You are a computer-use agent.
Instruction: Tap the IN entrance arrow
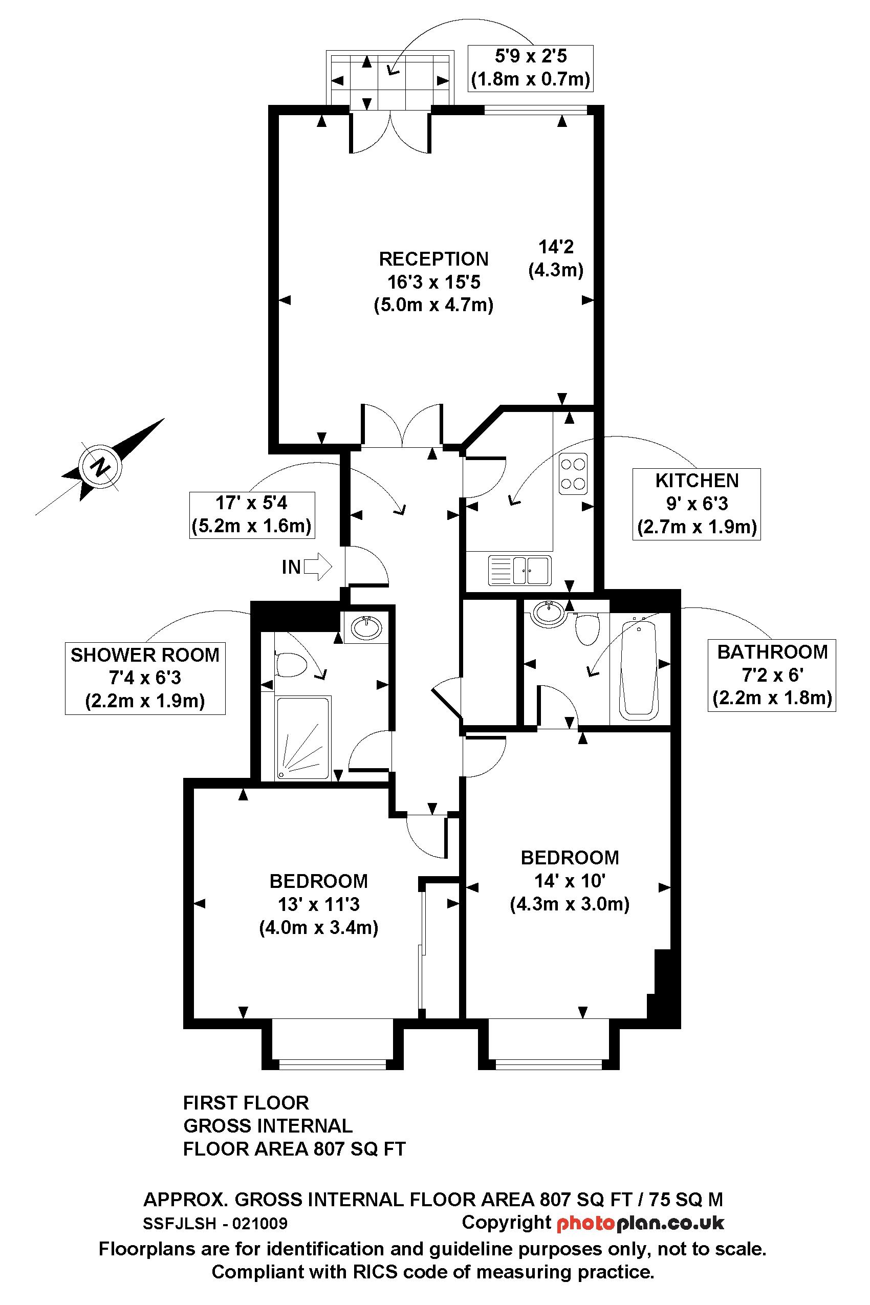click(x=318, y=567)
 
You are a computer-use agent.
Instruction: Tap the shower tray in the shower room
click(x=303, y=738)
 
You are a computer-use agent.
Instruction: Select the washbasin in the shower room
click(x=367, y=627)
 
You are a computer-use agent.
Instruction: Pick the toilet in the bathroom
click(x=588, y=627)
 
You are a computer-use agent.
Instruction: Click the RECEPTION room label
click(x=433, y=259)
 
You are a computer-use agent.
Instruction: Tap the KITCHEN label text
click(x=697, y=481)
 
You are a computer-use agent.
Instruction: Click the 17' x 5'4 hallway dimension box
click(x=252, y=514)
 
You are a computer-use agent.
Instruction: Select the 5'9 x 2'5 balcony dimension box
click(x=530, y=68)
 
